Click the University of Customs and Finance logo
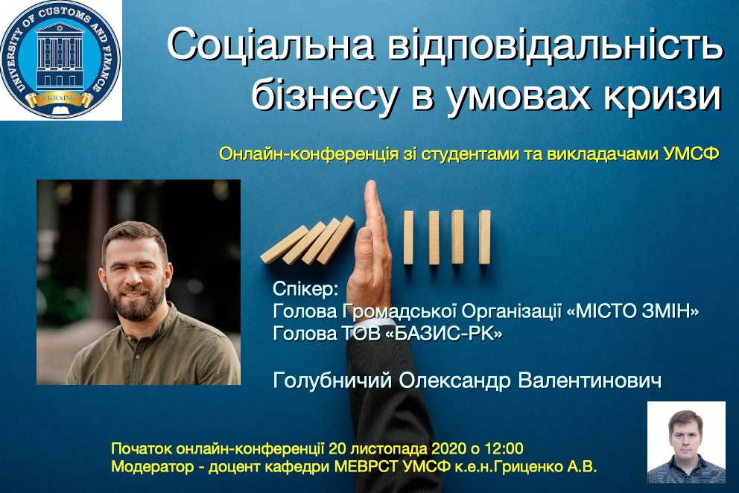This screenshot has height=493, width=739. (60, 60)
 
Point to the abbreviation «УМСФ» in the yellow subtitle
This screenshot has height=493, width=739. (691, 154)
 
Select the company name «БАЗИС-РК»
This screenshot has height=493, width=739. (448, 333)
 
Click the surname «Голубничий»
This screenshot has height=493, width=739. (332, 381)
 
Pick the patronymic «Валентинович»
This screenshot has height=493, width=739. (589, 381)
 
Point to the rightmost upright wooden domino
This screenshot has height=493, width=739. (484, 238)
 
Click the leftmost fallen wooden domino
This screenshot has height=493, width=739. (284, 244)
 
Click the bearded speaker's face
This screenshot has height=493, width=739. (135, 273)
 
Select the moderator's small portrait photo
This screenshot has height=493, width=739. (686, 442)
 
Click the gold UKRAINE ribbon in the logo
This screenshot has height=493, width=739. (60, 98)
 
